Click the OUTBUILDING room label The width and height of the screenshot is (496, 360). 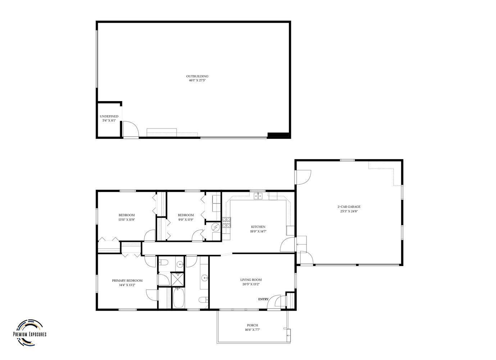[197, 76]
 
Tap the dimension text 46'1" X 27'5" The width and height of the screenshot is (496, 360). [197, 81]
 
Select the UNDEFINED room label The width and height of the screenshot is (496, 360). [109, 116]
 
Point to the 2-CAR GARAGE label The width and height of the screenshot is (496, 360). [349, 207]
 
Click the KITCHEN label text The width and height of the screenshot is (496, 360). [258, 227]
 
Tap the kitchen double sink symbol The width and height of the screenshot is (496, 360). [258, 196]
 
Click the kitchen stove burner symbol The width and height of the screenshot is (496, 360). [227, 223]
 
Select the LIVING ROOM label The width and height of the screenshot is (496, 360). [251, 280]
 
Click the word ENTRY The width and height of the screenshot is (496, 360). [263, 299]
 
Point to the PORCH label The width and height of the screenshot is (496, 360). [252, 325]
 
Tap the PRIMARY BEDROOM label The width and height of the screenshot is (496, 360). [127, 280]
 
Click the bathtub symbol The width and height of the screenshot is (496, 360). [178, 297]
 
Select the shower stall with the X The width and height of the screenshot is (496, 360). [177, 279]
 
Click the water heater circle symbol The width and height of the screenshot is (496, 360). [215, 227]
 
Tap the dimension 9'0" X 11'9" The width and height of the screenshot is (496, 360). [186, 220]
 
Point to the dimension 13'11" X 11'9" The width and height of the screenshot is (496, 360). [127, 220]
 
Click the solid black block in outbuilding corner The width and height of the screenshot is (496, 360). [278, 135]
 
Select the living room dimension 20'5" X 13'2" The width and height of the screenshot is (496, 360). [251, 284]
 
